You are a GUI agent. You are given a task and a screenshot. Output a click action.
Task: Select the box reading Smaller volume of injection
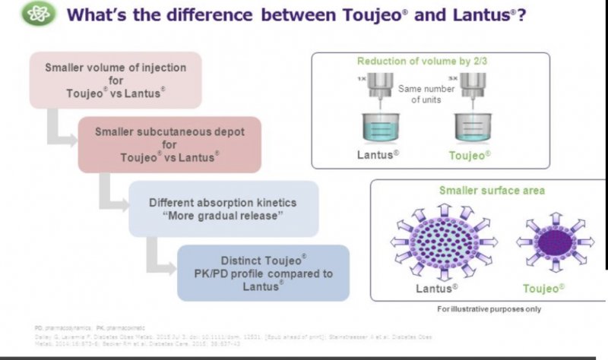coord(116,80)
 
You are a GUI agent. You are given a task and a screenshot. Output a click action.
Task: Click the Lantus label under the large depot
coord(436,289)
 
